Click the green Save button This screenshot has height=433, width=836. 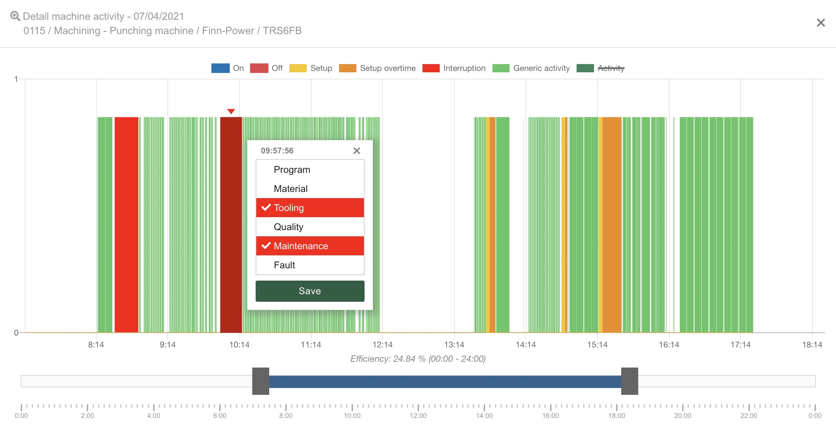310,291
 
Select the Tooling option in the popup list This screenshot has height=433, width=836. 310,208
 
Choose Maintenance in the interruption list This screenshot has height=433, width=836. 310,246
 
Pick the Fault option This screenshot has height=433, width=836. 310,265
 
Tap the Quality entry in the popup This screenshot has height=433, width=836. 310,227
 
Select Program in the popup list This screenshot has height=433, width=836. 310,169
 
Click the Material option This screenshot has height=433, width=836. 310,189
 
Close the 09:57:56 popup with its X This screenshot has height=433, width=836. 356,151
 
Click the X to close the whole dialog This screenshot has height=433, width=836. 821,23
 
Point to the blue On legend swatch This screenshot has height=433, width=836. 220,68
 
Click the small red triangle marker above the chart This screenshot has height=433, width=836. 231,111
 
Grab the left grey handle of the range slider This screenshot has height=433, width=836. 261,381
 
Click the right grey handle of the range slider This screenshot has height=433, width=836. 629,381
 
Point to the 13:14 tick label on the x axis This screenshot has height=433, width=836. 454,345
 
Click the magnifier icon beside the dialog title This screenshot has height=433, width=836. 15,16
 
